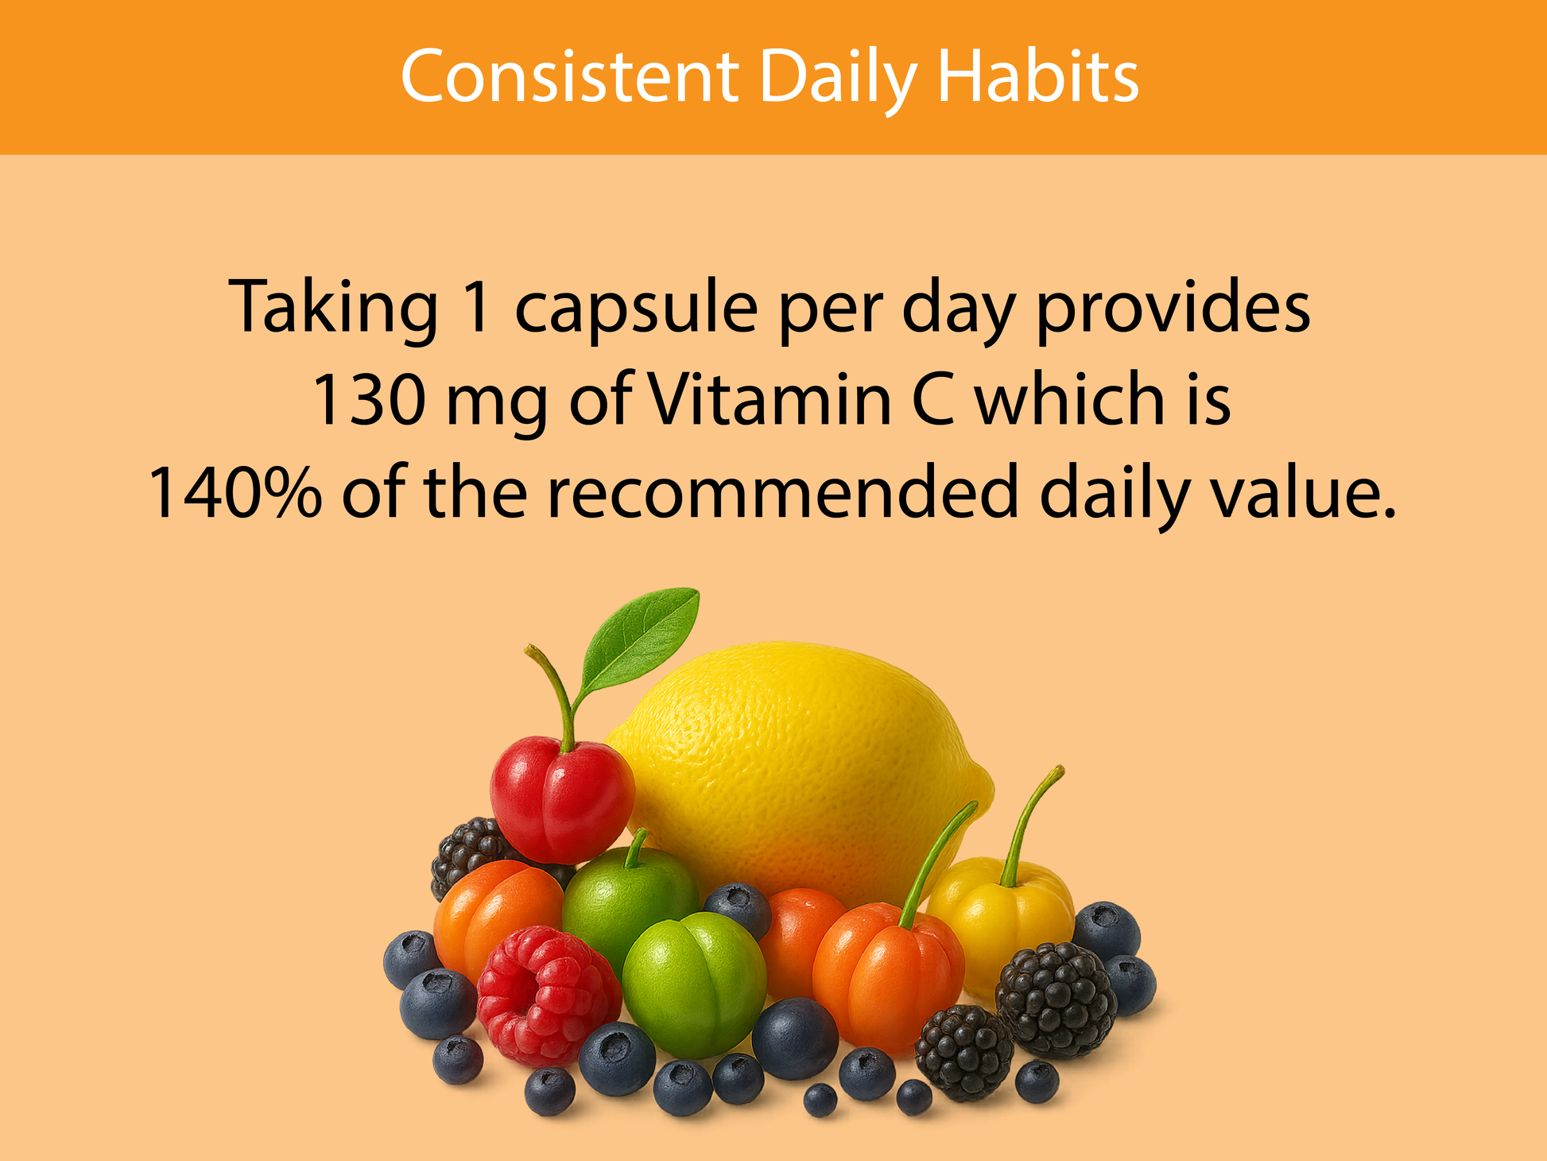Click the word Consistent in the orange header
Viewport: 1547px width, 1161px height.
pos(570,77)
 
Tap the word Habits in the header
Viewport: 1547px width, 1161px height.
pos(1038,77)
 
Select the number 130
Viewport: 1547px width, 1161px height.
pos(370,399)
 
